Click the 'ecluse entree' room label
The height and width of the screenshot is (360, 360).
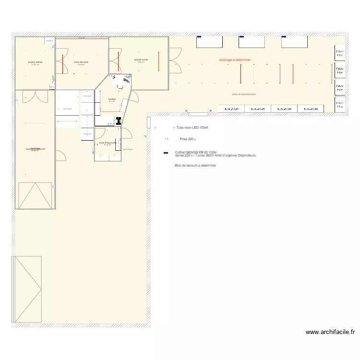pos(35,62)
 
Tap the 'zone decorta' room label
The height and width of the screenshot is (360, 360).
pos(81,62)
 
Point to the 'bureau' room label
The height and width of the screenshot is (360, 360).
pos(112,99)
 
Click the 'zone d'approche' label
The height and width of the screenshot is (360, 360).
pos(108,143)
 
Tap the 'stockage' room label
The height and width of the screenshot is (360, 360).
pos(35,148)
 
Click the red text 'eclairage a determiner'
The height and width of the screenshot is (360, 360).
pos(235,60)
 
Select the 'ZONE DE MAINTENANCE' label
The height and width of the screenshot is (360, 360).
pos(244,95)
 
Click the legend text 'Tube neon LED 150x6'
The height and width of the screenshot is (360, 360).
pos(192,128)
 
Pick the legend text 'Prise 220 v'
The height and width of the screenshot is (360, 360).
pos(188,139)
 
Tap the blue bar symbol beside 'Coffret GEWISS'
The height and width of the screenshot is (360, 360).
pos(166,153)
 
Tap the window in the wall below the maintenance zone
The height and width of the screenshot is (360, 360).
pos(198,114)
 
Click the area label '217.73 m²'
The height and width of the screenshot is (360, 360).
pos(128,150)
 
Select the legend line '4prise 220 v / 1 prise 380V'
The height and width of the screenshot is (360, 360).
pos(215,156)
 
